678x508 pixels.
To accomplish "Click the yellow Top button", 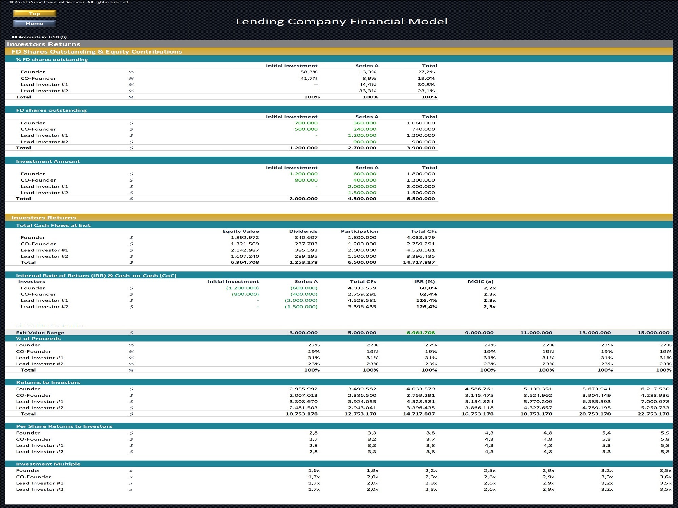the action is coord(35,13).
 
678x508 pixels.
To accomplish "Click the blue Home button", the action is coord(35,23).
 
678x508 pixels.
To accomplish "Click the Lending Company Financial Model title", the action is coord(342,21).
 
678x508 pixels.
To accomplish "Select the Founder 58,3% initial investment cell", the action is coord(309,72).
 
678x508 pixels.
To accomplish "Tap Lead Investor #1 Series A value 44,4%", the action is coord(367,85).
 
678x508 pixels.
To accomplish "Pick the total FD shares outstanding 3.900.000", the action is coord(420,148).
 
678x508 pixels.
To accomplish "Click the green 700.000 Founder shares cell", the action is coord(306,123).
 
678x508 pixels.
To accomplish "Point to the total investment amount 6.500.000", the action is coord(420,199).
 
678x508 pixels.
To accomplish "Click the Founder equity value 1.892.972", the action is coord(245,238).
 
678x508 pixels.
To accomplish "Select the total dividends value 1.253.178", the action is coord(303,262).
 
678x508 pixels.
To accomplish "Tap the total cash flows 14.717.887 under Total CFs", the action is coord(419,262).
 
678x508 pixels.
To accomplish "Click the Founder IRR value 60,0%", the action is coord(428,288).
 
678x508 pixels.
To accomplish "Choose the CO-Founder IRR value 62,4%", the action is coord(428,294).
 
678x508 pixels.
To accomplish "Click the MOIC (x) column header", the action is coord(480,282).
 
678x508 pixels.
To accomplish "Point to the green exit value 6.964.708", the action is coord(420,333).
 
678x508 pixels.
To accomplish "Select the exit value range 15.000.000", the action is coord(653,333).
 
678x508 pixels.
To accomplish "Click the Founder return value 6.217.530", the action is coord(655,389).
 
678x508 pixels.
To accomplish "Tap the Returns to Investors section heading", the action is coord(48,383).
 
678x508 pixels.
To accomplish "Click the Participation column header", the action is coord(359,231).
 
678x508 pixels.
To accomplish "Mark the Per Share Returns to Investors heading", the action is coord(64,426).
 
